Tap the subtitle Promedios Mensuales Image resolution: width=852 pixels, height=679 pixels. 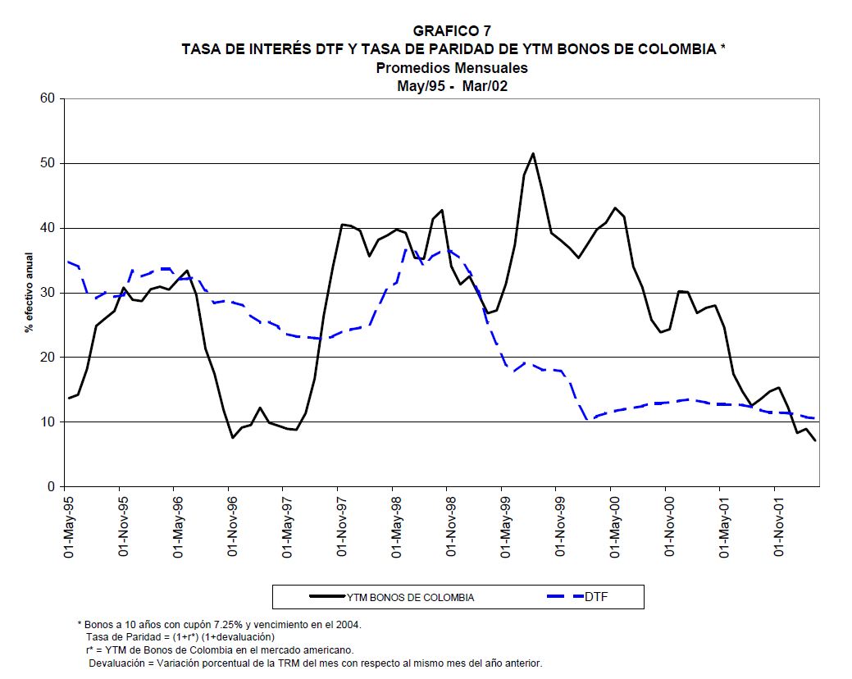[452, 68]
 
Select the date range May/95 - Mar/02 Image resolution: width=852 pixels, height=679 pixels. [452, 86]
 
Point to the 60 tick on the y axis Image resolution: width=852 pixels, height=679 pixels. [47, 98]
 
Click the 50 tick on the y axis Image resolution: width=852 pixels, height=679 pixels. [47, 163]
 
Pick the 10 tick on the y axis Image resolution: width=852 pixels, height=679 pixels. [47, 422]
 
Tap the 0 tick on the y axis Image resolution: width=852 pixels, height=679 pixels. [50, 487]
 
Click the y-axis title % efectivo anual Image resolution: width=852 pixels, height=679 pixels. [27, 293]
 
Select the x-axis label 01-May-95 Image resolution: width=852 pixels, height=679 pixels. [70, 525]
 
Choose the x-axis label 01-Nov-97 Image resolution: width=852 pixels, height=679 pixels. [342, 525]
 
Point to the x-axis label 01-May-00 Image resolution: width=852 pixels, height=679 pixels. [614, 525]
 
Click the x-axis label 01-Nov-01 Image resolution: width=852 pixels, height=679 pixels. [778, 525]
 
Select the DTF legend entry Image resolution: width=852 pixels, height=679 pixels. [596, 597]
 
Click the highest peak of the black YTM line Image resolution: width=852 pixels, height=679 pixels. [533, 153]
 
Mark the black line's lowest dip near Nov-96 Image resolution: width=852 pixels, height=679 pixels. [233, 437]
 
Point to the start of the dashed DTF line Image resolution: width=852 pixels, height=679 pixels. [68, 262]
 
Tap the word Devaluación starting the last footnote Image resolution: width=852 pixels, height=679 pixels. [121, 663]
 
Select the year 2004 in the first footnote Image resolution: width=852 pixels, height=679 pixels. [348, 624]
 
